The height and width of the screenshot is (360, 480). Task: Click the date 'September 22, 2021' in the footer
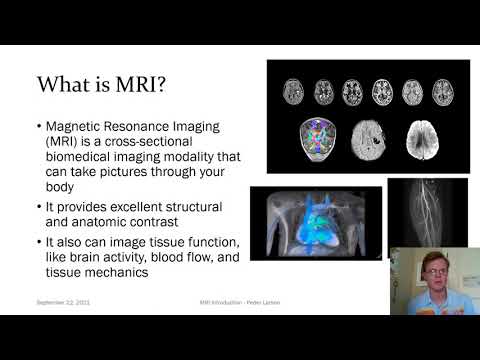point(65,301)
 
